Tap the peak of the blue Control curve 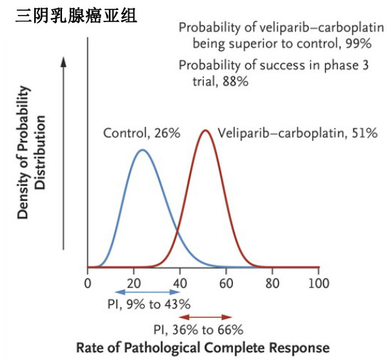(143, 150)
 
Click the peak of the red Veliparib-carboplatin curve (205, 130)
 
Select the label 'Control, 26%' (142, 133)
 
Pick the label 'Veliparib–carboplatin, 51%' (297, 133)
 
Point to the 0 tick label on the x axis (88, 282)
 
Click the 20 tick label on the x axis (134, 282)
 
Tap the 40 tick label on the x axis (180, 282)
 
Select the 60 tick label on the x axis (226, 282)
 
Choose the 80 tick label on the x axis (272, 282)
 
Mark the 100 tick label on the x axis (319, 282)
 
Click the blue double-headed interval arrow (148, 292)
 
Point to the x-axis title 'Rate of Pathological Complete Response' (203, 348)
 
